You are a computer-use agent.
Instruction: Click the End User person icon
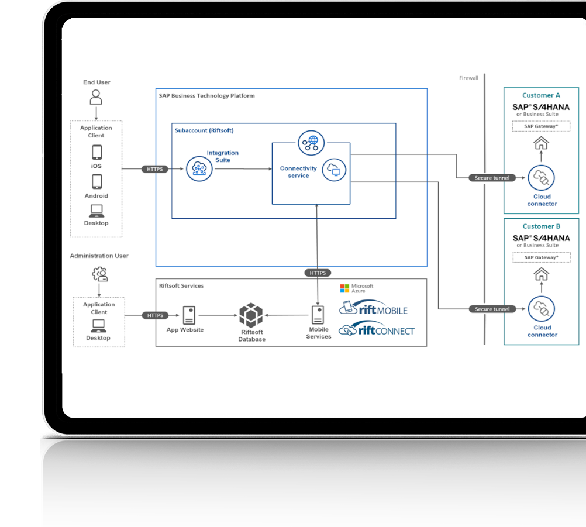coord(96,97)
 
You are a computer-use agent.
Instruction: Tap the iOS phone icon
coord(96,153)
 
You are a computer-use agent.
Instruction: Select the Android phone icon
coord(96,182)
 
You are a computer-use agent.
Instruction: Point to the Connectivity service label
coord(298,172)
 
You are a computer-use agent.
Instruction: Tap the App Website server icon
coord(189,315)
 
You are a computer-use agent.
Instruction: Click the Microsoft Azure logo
coord(356,288)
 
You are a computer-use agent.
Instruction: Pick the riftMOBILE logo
coord(374,308)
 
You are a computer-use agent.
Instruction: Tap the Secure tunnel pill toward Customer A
coord(492,178)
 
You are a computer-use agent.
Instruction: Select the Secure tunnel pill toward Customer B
coord(492,309)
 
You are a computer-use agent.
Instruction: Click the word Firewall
coord(468,78)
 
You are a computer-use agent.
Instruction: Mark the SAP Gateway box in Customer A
coord(541,126)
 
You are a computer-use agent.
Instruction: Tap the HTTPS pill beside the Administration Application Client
coord(156,315)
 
